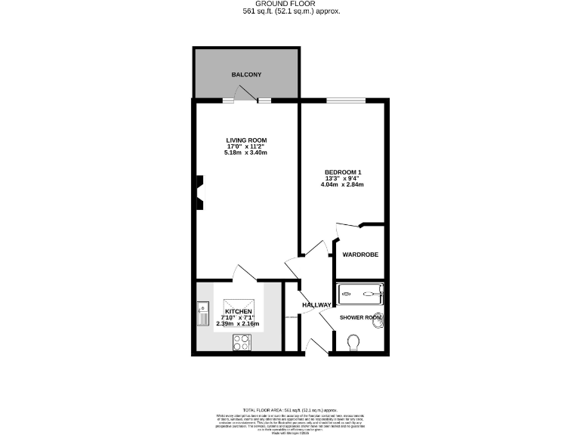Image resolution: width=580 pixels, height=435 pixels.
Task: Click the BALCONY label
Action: [246, 75]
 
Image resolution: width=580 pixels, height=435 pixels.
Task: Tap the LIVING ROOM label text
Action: [246, 140]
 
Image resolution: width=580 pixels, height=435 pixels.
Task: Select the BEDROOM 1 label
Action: [344, 172]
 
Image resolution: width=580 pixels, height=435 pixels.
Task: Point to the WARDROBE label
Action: [360, 255]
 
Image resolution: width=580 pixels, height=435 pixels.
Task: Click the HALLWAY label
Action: [317, 305]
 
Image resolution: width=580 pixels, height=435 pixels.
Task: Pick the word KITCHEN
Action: [238, 311]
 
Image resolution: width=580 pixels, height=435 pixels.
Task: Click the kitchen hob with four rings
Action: [242, 342]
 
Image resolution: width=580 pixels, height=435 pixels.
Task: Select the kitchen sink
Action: [203, 312]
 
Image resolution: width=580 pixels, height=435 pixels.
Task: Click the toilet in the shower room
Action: [353, 344]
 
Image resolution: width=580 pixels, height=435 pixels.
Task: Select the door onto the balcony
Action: [243, 94]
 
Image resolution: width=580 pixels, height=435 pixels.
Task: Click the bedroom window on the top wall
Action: [344, 99]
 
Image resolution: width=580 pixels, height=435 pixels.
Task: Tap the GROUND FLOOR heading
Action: [291, 5]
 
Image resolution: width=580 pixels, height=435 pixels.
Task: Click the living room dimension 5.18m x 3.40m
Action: [246, 153]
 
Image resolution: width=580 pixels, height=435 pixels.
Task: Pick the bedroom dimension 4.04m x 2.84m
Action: [344, 185]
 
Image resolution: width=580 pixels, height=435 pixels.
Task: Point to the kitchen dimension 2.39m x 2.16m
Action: [238, 324]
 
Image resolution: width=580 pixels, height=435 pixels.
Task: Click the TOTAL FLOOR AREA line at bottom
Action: [290, 408]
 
